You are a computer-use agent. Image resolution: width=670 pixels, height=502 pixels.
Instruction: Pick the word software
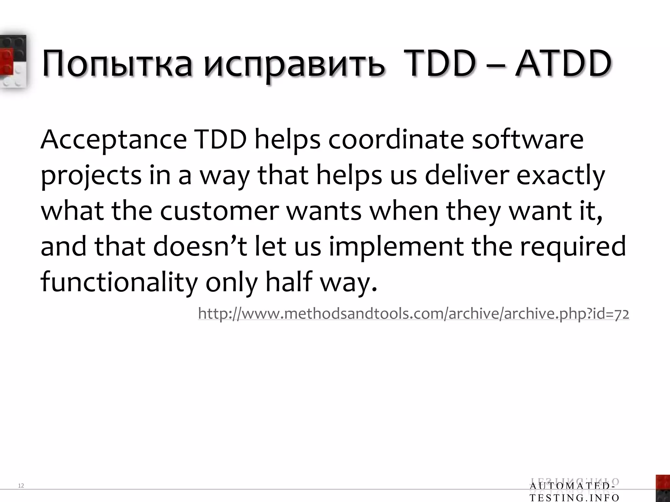tap(527, 140)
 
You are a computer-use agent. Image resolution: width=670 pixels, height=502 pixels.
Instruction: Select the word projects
tap(91, 176)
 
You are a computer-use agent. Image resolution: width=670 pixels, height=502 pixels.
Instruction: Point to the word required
tap(573, 247)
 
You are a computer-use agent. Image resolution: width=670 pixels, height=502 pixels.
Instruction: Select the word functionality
tap(119, 282)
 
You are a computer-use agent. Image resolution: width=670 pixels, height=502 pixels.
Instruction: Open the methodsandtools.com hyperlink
tap(414, 314)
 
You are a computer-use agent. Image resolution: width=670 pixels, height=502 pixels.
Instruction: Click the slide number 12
tap(21, 486)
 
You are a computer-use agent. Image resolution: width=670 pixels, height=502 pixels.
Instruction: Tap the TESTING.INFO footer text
tap(574, 498)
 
